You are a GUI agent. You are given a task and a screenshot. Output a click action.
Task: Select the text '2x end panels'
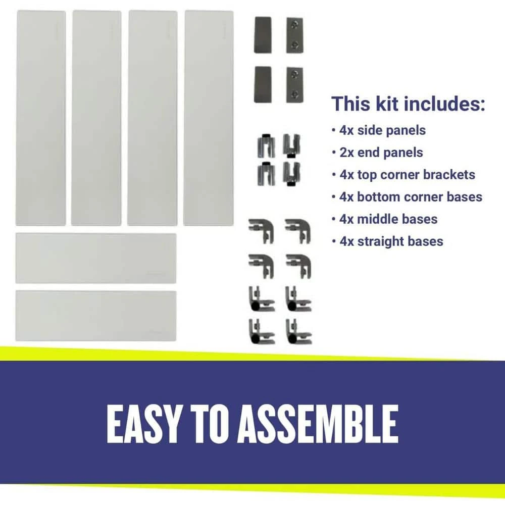[x=381, y=153]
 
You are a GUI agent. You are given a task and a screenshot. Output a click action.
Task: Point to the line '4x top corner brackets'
[x=407, y=175]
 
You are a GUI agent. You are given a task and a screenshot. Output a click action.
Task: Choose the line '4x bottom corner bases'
[x=411, y=197]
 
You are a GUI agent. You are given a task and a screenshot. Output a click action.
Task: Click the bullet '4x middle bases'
[x=388, y=219]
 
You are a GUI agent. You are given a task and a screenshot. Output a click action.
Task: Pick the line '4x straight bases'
[x=391, y=241]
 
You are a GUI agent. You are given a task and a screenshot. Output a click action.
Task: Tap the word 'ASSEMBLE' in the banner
[x=318, y=424]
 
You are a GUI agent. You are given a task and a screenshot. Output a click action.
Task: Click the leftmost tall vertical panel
[x=41, y=118]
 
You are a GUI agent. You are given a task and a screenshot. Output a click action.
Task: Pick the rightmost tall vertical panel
[x=209, y=118]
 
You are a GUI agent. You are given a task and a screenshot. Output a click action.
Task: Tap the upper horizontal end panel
[x=96, y=258]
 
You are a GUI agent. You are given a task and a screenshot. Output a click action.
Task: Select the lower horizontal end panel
[x=96, y=316]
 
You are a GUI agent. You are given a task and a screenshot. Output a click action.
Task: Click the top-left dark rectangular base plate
[x=263, y=35]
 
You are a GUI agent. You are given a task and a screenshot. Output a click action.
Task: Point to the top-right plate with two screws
[x=295, y=35]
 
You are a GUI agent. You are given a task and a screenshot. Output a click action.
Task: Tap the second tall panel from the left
[x=96, y=118]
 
